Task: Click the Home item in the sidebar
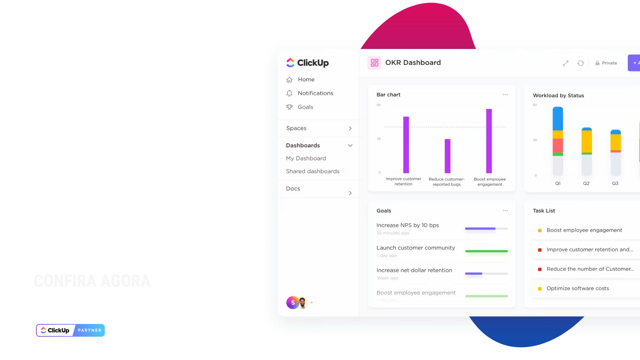pyautogui.click(x=306, y=79)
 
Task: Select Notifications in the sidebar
pyautogui.click(x=315, y=93)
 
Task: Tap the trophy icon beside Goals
pyautogui.click(x=289, y=107)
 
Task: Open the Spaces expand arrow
pyautogui.click(x=350, y=128)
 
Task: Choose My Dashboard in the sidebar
pyautogui.click(x=306, y=158)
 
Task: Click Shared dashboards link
pyautogui.click(x=312, y=171)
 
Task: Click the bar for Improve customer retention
pyautogui.click(x=406, y=145)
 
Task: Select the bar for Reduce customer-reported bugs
pyautogui.click(x=447, y=156)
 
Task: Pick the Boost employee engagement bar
pyautogui.click(x=489, y=141)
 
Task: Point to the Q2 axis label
pyautogui.click(x=586, y=183)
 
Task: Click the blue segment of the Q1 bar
pyautogui.click(x=558, y=118)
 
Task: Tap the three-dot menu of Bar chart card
pyautogui.click(x=505, y=95)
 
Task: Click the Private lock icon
pyautogui.click(x=597, y=63)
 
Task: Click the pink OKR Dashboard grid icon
pyautogui.click(x=374, y=63)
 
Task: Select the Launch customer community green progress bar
pyautogui.click(x=486, y=251)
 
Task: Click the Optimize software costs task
pyautogui.click(x=577, y=288)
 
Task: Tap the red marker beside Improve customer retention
pyautogui.click(x=540, y=250)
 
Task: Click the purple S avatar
pyautogui.click(x=293, y=303)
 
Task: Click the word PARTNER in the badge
pyautogui.click(x=89, y=330)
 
